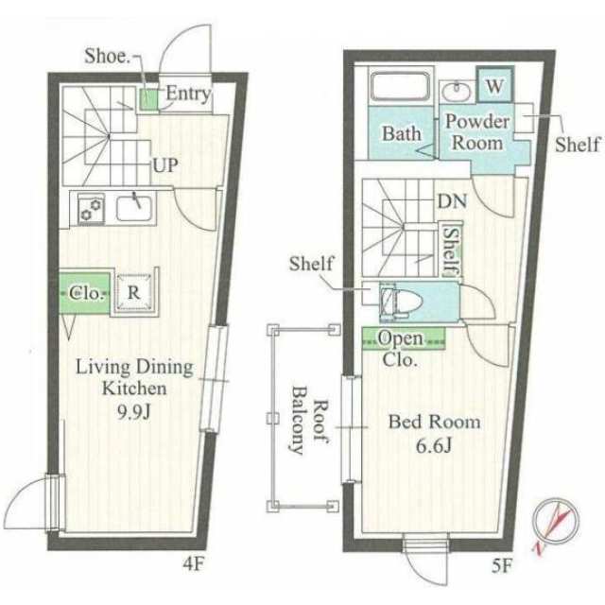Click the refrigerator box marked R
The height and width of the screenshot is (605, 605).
pos(134,292)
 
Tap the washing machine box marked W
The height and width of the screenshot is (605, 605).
pos(494,85)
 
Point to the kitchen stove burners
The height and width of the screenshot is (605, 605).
pos(92,209)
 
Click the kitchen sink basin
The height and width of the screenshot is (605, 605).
pos(134,208)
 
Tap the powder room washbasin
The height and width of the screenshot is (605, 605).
pos(457,92)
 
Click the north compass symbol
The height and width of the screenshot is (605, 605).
pos(555,524)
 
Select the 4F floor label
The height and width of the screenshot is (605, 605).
pos(193,564)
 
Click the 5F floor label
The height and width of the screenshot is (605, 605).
pos(502,566)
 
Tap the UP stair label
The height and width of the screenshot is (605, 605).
pos(165,165)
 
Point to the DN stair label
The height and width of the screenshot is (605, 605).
pos(452,201)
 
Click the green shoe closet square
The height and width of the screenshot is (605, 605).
pos(148,99)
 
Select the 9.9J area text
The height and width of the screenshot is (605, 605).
pos(133,413)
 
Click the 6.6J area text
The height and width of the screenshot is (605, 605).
pos(434,445)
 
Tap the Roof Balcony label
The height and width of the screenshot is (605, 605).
pos(309,420)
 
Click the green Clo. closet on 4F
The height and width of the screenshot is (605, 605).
pos(85,292)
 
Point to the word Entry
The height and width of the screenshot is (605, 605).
pos(189,94)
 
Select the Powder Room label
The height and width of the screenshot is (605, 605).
pos(477,132)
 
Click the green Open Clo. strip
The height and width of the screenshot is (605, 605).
pos(404,338)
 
